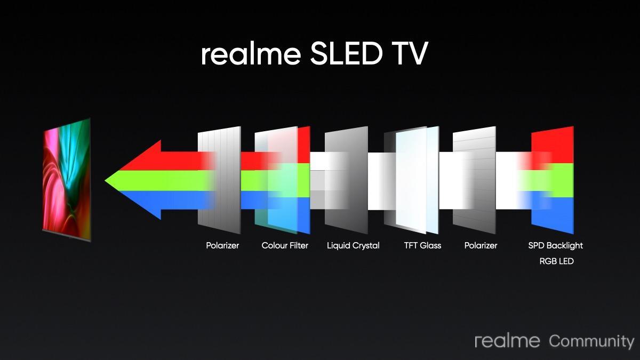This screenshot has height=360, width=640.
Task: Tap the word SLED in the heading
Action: (x=346, y=53)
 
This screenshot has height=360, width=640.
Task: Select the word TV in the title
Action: (x=410, y=53)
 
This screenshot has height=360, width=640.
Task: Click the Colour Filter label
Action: (x=285, y=245)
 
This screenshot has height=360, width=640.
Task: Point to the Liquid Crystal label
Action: (x=353, y=246)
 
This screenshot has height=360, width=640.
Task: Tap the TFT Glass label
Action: (x=422, y=245)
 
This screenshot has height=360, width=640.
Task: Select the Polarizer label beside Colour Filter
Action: (x=222, y=245)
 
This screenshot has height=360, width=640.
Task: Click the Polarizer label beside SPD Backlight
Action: (x=481, y=245)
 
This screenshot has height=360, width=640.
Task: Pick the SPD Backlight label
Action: (x=555, y=246)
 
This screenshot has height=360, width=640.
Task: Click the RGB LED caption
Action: (x=557, y=261)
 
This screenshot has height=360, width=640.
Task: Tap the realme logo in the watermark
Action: (x=507, y=341)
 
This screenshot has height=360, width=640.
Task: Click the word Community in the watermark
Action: (x=591, y=342)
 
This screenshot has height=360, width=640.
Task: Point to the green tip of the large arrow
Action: (x=106, y=181)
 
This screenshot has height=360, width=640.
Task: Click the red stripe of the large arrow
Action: (x=171, y=159)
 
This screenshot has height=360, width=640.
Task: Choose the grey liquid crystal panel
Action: (x=346, y=180)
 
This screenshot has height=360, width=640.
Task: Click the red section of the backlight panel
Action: (x=553, y=146)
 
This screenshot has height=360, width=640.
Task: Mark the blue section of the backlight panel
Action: (x=553, y=215)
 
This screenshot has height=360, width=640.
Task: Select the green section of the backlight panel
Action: (x=553, y=181)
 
